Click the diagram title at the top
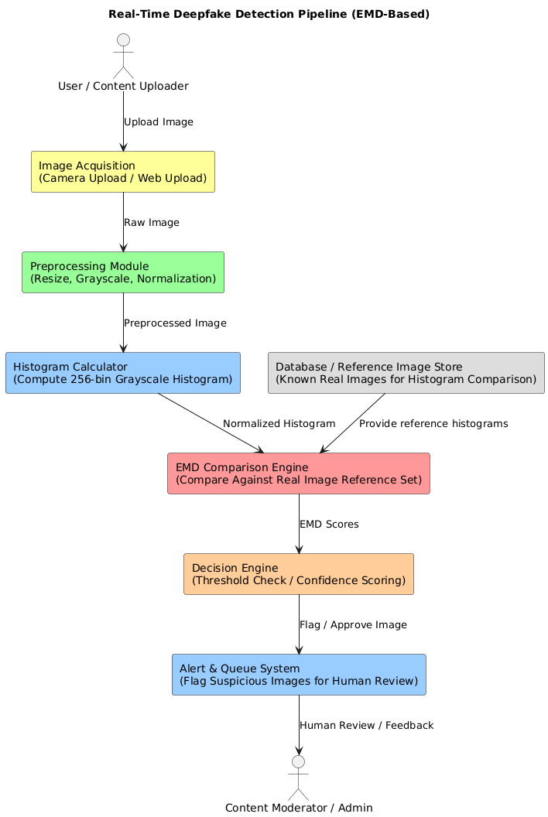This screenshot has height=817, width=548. (269, 14)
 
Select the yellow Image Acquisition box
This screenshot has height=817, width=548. (123, 172)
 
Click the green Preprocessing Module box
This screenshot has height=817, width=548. (123, 272)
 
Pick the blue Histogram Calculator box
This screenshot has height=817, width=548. (123, 373)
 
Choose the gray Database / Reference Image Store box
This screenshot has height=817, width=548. (406, 373)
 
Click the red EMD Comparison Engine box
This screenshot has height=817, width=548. (298, 473)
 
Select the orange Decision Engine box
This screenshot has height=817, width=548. (298, 574)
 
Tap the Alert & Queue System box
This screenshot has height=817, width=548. (298, 675)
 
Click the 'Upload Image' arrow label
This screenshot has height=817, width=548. (158, 122)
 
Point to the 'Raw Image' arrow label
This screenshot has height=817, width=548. (151, 223)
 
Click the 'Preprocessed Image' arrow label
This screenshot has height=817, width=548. (175, 323)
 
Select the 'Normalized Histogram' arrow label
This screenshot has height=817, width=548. (279, 424)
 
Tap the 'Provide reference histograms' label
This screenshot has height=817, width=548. (433, 424)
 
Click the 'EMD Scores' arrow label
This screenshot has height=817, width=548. (329, 525)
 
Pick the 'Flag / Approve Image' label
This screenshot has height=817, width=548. (353, 625)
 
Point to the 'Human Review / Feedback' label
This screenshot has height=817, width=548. (366, 726)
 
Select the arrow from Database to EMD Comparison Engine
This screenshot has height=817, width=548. (353, 422)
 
